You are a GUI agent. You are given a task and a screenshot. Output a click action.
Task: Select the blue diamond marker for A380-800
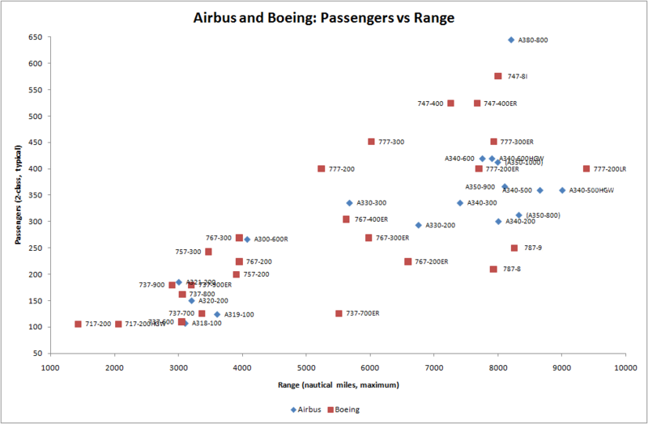[511, 40]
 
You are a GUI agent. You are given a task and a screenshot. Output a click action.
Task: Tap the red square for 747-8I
[498, 76]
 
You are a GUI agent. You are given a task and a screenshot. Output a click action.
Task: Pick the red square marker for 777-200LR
[586, 168]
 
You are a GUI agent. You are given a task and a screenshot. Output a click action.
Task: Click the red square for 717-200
[79, 324]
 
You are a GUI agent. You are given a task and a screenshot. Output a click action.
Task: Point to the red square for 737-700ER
[339, 313]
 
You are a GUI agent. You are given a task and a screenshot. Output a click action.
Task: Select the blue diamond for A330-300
[349, 203]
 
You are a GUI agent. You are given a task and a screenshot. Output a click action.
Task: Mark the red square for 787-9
[514, 248]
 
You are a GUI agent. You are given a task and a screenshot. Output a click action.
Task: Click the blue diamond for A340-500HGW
[562, 190]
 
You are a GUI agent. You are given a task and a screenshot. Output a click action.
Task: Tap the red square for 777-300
[371, 142]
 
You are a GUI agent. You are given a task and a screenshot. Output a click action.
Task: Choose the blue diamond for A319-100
[217, 314]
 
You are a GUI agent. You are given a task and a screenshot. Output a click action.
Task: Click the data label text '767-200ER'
[432, 261]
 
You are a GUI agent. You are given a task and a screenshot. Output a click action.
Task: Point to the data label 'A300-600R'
[271, 240]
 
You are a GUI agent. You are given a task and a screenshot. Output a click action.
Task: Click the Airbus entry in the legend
[309, 409]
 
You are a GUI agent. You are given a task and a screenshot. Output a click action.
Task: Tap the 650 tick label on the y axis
[36, 37]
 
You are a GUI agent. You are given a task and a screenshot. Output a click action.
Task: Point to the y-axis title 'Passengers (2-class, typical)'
[16, 195]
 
